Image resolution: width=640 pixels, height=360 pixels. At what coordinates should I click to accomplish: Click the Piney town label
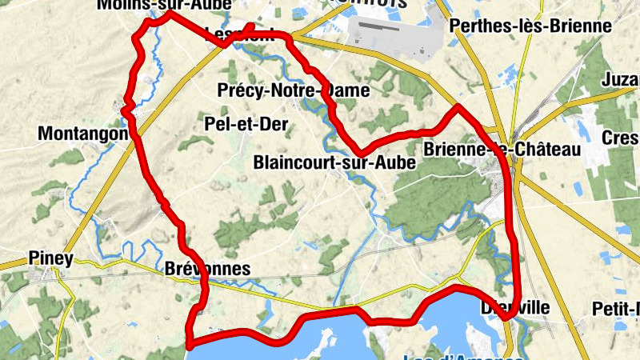coord(50,258)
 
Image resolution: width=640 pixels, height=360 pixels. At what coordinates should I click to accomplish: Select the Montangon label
coord(83,134)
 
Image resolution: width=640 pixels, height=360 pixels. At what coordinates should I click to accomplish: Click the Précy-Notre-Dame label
coord(294,91)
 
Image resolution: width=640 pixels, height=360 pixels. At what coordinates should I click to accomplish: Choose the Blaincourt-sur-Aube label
coord(334,162)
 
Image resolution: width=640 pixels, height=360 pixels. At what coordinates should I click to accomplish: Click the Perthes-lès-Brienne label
coord(530,26)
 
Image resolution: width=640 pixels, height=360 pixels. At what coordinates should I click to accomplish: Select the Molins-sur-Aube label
coord(164,5)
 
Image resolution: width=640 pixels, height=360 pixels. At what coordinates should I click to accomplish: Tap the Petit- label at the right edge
coord(615,308)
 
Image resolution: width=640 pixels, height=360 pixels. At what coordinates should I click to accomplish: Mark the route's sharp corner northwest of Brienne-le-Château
coord(458,106)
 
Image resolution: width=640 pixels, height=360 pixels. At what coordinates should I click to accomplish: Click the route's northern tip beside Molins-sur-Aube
coord(170,13)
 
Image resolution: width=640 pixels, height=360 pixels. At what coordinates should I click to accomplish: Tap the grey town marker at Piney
coord(56,274)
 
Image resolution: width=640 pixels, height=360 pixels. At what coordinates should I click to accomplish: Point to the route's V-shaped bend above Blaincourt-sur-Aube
coord(361,151)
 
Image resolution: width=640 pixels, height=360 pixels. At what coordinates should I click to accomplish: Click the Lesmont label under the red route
coord(239,34)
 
